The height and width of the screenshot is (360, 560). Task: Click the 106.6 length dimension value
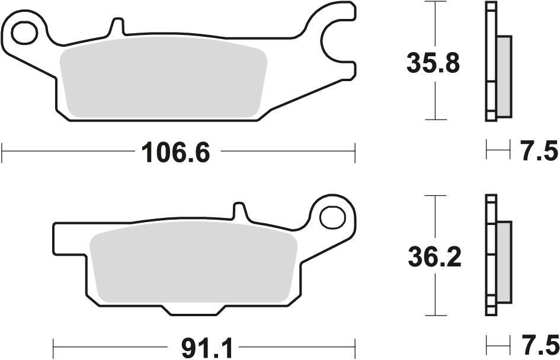click(x=176, y=154)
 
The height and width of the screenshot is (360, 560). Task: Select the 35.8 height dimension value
click(x=433, y=63)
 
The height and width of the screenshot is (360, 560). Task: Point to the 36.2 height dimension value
click(x=434, y=256)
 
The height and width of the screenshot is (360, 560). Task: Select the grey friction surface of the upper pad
click(x=163, y=81)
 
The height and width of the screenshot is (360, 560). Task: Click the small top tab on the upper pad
click(x=117, y=27)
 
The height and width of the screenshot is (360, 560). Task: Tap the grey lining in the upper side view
click(x=504, y=76)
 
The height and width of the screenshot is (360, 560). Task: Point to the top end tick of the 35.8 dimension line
click(x=436, y=2)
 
